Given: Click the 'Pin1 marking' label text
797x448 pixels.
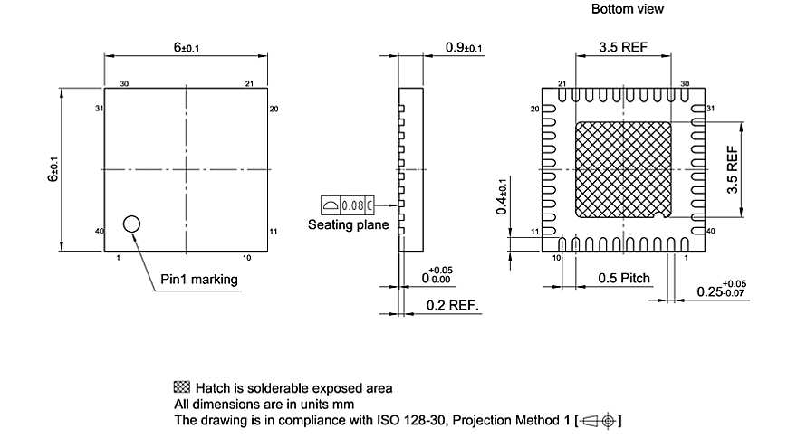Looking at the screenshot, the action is pyautogui.click(x=198, y=280).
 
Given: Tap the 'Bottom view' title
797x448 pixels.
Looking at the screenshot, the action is pyautogui.click(x=628, y=9).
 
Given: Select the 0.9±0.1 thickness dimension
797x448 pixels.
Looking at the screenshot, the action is pyautogui.click(x=464, y=47).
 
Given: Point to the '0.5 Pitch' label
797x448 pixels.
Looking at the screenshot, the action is pyautogui.click(x=624, y=278).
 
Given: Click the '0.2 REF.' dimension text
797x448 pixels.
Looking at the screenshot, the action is pyautogui.click(x=452, y=305).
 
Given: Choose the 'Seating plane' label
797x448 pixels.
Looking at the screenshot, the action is pyautogui.click(x=348, y=224).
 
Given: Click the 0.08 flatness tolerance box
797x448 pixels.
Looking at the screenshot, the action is pyautogui.click(x=348, y=205).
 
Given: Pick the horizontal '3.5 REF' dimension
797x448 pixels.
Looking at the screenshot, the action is pyautogui.click(x=623, y=47).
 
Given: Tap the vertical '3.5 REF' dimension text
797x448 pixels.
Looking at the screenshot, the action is pyautogui.click(x=732, y=169).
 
